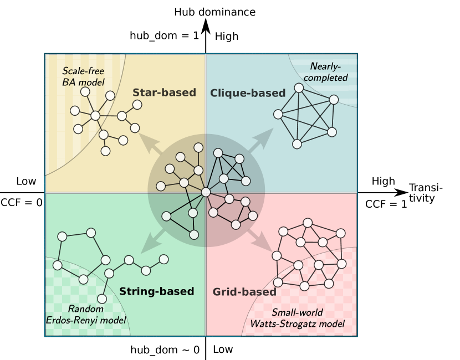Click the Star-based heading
click(x=164, y=92)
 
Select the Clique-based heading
click(x=248, y=93)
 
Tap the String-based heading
click(x=157, y=291)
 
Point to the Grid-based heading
click(x=244, y=292)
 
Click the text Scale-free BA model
click(x=83, y=76)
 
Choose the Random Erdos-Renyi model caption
click(x=86, y=315)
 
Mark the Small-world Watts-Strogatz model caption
click(x=297, y=318)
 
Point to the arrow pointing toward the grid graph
click(x=258, y=240)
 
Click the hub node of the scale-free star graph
click(x=95, y=116)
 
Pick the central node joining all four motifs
click(x=206, y=192)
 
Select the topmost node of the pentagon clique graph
click(x=299, y=88)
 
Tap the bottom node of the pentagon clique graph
click(x=297, y=144)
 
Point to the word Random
click(x=86, y=308)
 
